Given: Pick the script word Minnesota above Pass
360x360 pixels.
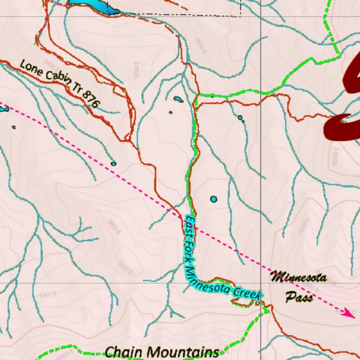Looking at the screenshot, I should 299,278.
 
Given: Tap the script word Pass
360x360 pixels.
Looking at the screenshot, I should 299,298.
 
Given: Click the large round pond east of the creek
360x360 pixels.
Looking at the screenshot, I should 214,199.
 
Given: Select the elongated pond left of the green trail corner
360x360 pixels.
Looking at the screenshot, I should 178,99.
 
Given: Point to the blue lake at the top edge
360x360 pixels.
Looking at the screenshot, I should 93,5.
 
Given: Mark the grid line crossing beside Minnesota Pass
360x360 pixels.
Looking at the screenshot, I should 261,283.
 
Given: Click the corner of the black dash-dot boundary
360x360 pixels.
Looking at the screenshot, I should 240,16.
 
